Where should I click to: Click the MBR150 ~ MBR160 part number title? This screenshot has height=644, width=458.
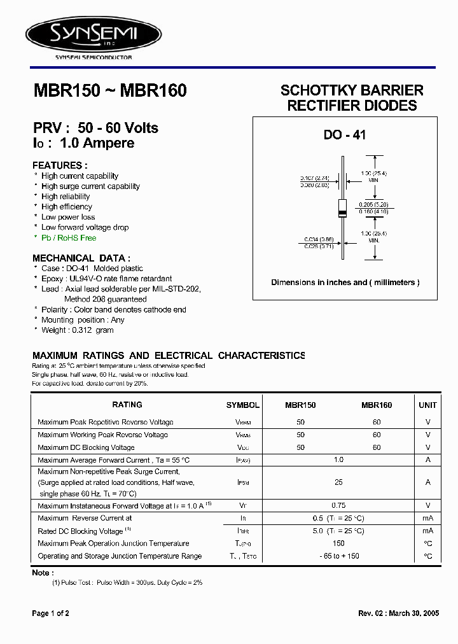click(x=109, y=91)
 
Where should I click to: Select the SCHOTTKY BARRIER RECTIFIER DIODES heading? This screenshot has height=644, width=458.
click(x=352, y=97)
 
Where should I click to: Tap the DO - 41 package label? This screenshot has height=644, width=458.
click(x=345, y=135)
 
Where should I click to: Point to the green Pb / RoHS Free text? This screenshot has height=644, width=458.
click(x=69, y=237)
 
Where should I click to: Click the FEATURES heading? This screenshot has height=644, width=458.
click(x=59, y=165)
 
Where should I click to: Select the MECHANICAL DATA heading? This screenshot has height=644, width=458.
click(x=81, y=258)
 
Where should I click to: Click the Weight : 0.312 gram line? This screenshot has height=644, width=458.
click(x=78, y=330)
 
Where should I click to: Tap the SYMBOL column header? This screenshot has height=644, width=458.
click(x=242, y=405)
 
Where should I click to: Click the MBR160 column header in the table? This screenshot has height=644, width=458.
click(x=377, y=405)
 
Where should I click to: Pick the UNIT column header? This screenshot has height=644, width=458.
click(x=427, y=405)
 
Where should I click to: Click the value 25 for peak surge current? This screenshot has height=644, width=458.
click(x=338, y=483)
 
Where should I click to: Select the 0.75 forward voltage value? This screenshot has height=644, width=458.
click(x=338, y=505)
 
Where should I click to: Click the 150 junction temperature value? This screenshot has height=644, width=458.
click(x=338, y=543)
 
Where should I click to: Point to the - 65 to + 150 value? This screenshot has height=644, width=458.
click(x=338, y=556)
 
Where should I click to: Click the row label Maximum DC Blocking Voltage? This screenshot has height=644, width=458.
click(x=86, y=448)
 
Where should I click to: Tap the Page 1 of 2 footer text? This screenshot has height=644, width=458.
click(x=50, y=613)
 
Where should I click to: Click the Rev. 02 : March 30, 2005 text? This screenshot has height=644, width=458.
click(x=398, y=613)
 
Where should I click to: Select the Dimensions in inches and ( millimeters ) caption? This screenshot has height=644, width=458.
click(x=345, y=283)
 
